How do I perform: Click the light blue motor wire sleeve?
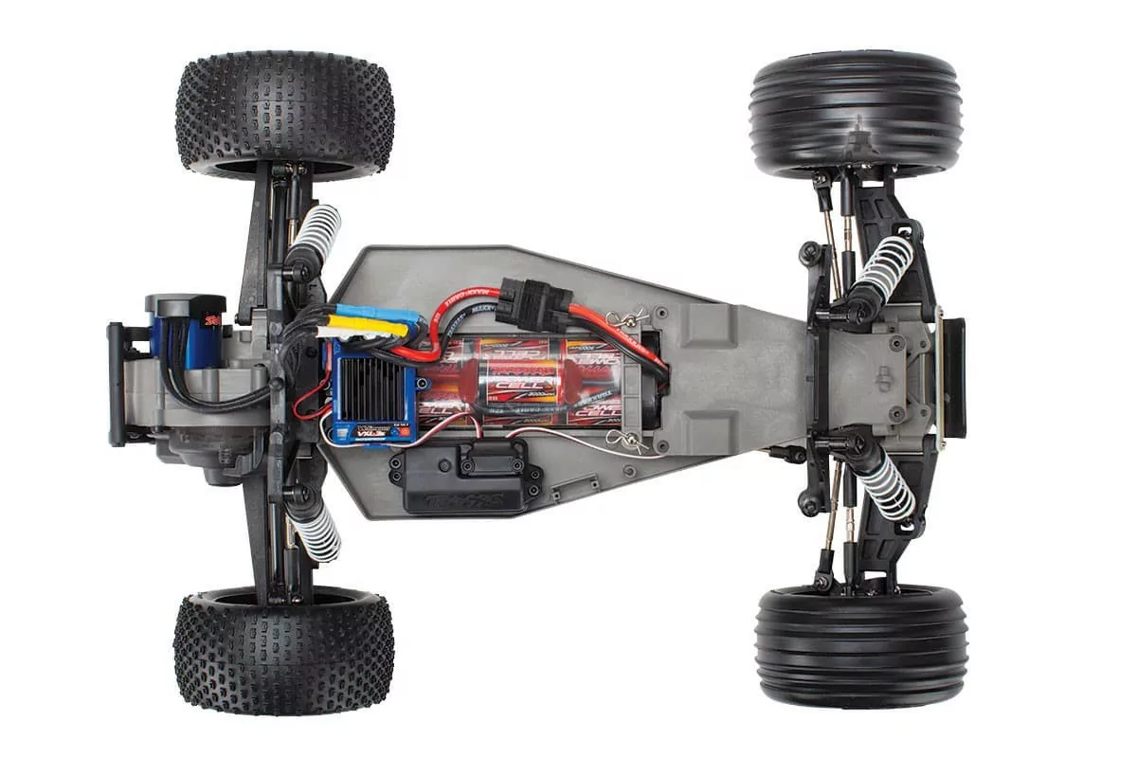click(x=379, y=314)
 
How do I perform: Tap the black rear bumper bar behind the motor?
click(x=117, y=384)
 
